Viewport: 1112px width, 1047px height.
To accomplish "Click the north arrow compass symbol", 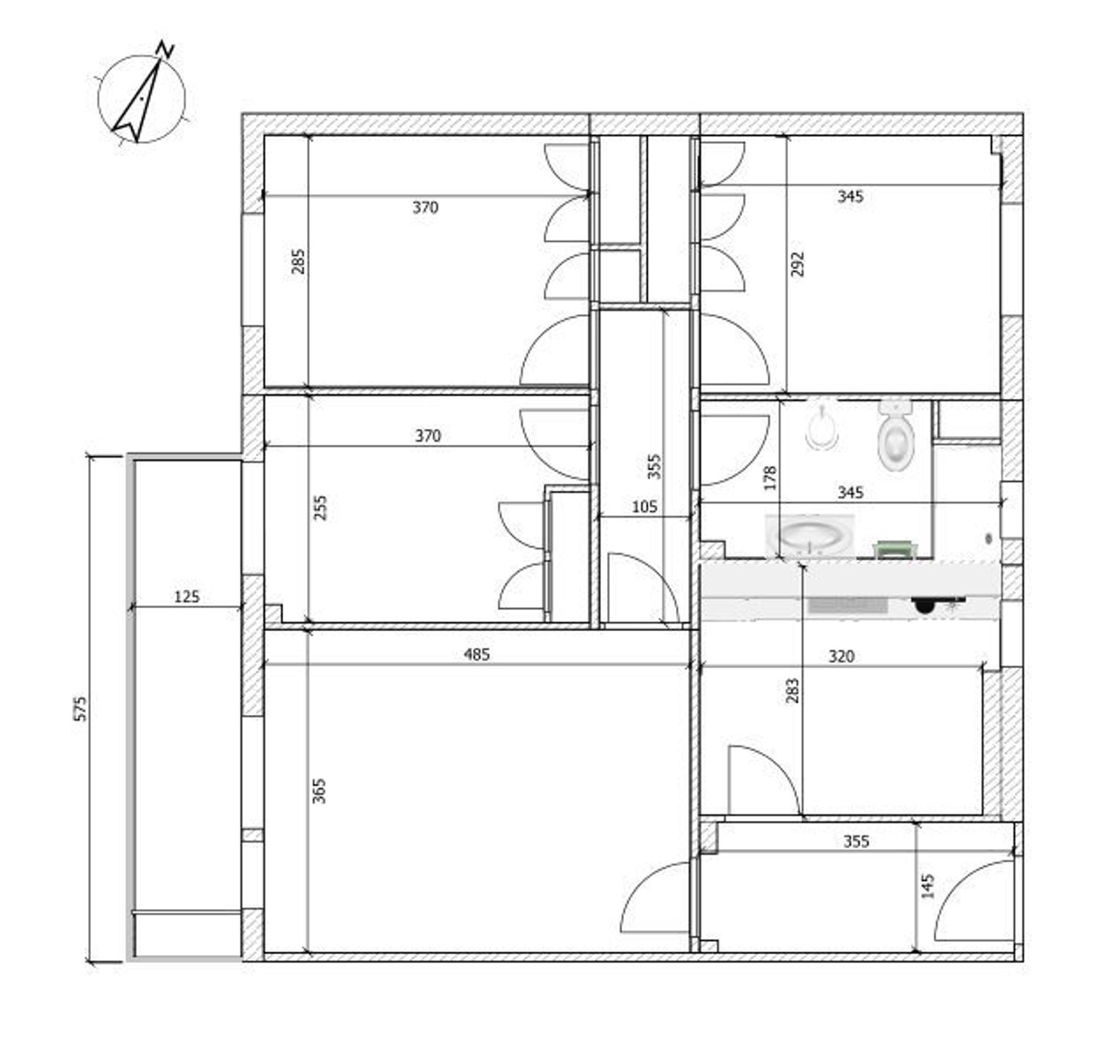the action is (142, 99).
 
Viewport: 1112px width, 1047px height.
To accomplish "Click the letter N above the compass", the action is (165, 49).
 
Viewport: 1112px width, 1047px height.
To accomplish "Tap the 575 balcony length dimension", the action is (82, 708).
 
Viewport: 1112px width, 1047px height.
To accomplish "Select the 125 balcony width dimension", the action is (187, 597).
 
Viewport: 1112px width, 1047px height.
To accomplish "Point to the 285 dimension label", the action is (299, 261).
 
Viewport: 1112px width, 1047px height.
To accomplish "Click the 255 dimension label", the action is (320, 507).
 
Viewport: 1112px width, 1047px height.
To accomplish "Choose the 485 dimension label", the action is (477, 654).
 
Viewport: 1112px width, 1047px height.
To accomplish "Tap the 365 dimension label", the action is (320, 790).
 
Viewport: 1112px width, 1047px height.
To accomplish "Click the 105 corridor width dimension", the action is (644, 507).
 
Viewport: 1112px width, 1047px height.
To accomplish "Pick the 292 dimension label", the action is (798, 264).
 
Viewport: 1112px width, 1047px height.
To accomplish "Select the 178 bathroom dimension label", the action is (770, 478).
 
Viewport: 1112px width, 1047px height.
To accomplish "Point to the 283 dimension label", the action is (792, 691).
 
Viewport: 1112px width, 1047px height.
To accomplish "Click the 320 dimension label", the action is (841, 656).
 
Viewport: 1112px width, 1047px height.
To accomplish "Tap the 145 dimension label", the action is (928, 886).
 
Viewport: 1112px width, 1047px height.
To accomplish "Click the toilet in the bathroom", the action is (896, 435).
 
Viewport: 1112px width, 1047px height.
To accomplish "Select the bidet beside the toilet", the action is (823, 427).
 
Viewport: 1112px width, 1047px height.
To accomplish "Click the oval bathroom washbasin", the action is (810, 536).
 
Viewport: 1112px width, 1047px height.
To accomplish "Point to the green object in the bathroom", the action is (895, 549).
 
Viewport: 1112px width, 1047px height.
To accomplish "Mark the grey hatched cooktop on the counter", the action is (848, 605).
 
